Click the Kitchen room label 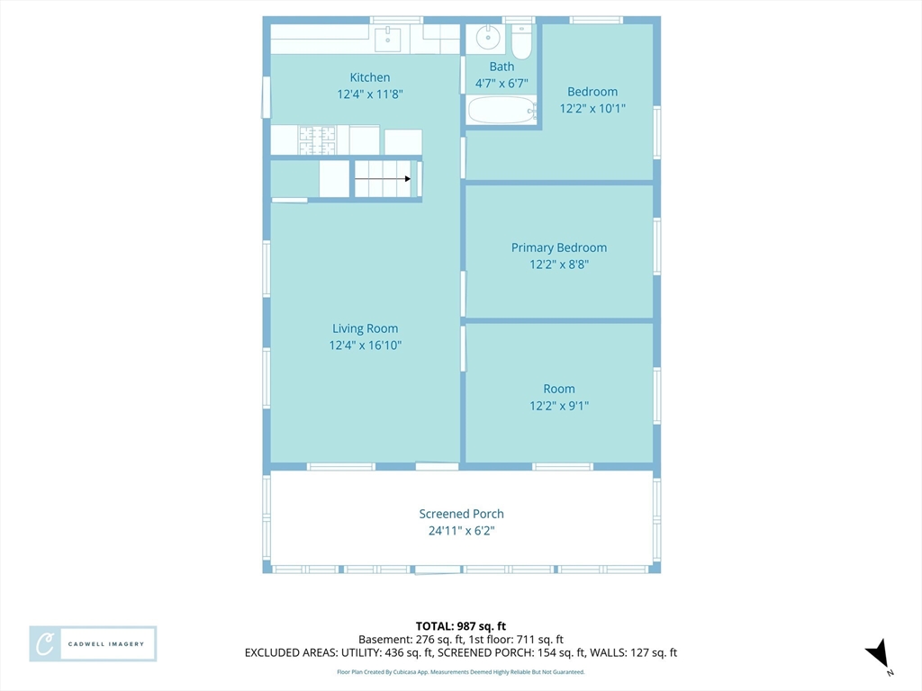(370, 77)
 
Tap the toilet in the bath (521, 40)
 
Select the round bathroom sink (487, 38)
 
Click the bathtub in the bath (502, 110)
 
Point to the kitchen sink (388, 39)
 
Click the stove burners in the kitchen (317, 140)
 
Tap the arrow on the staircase (383, 179)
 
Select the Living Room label (366, 328)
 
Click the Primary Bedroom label (558, 247)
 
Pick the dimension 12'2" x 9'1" (559, 406)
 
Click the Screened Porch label (462, 514)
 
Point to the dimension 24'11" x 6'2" (462, 531)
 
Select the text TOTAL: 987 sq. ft (461, 626)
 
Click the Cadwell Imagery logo (93, 644)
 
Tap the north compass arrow (877, 654)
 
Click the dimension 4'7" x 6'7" (502, 84)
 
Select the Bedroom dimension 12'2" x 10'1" (592, 108)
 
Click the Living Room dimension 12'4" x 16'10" (366, 345)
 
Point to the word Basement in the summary (385, 640)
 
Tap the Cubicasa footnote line (461, 671)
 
